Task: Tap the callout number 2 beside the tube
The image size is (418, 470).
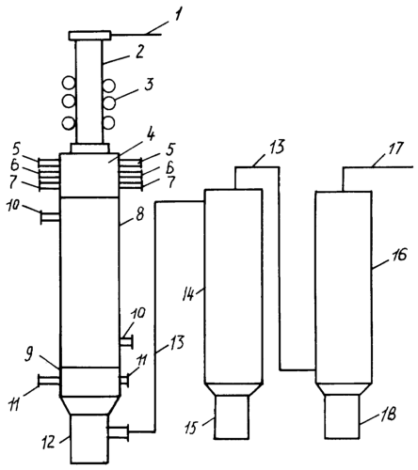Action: point(139,52)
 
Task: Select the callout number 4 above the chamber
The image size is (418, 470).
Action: point(151,135)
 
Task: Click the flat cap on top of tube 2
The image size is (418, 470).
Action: point(89,36)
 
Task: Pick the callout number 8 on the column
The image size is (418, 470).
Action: point(139,214)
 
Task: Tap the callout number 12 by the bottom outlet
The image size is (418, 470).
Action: point(50,443)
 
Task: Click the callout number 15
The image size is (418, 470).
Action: point(192,427)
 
